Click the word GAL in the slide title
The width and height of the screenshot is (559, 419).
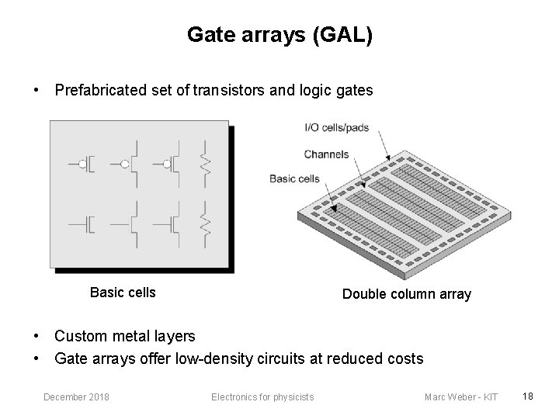click(342, 36)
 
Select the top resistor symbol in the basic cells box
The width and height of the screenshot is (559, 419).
click(206, 164)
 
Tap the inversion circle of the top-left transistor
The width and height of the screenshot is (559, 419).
click(82, 164)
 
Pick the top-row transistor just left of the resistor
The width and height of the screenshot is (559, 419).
click(172, 164)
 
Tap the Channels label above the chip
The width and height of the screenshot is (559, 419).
click(326, 154)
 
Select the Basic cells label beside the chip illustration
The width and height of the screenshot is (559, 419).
click(294, 178)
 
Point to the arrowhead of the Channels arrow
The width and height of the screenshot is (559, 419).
click(363, 186)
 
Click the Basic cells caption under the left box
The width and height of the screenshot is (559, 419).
click(123, 293)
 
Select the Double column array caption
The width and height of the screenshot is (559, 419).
click(406, 294)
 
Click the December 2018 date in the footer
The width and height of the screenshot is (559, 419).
click(76, 397)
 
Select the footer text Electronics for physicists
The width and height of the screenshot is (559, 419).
click(262, 397)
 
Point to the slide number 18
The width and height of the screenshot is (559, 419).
click(527, 396)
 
